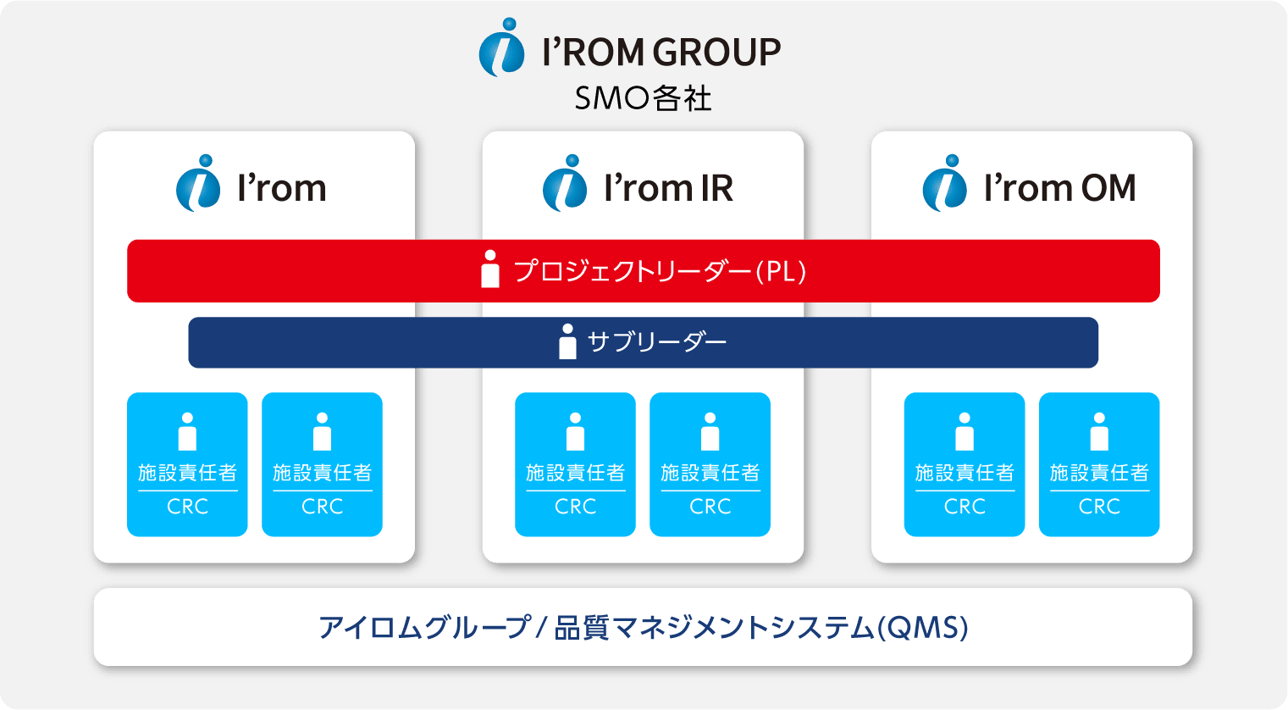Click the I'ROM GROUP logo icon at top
(x=501, y=47)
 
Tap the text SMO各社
(x=644, y=97)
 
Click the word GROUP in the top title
(x=716, y=52)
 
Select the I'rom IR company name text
(x=669, y=188)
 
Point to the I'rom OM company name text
(x=1059, y=188)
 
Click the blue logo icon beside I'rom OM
(x=945, y=183)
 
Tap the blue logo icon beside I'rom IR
(x=565, y=183)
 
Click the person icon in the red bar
(x=490, y=269)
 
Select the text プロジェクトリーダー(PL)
(x=660, y=272)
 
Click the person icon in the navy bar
(x=567, y=341)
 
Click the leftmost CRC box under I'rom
(x=187, y=464)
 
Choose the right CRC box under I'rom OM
(x=1099, y=464)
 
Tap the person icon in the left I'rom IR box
(x=575, y=431)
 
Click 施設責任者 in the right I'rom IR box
(x=710, y=473)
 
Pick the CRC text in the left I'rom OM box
(x=965, y=507)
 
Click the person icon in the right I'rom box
(x=322, y=431)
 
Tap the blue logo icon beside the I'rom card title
(x=198, y=183)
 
